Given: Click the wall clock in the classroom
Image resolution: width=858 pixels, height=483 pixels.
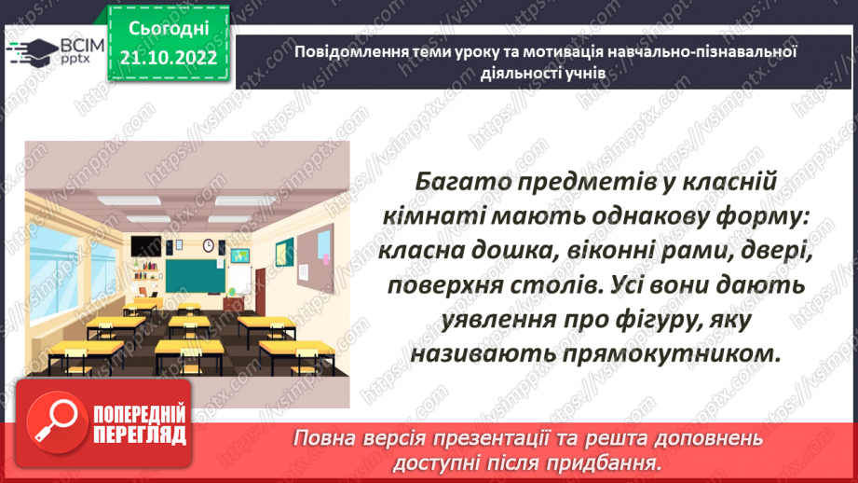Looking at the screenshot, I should point(209,245).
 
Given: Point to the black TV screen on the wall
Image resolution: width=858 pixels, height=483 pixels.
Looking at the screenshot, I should point(142,246).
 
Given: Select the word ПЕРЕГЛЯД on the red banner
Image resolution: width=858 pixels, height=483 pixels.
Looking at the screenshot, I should point(141,435).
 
